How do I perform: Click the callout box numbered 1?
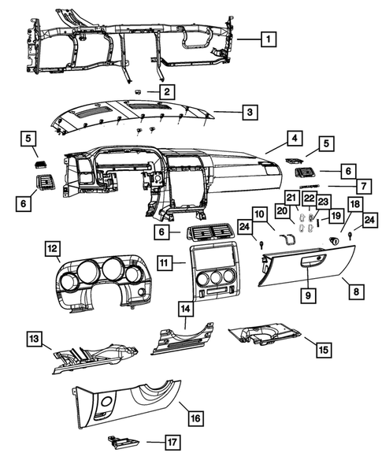[269, 39]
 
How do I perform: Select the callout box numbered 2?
[167, 91]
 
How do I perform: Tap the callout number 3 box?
[250, 112]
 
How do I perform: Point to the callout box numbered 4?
[295, 138]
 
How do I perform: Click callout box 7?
[364, 187]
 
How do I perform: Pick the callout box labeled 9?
[308, 295]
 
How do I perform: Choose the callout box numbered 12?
[52, 249]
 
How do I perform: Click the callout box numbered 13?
[35, 339]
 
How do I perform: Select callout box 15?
[324, 350]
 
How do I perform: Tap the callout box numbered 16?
[196, 418]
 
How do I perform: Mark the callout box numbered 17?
[172, 443]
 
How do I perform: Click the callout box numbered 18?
[355, 204]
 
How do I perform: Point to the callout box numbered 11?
[165, 262]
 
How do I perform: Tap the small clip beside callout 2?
[138, 91]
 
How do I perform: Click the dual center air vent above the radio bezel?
[210, 231]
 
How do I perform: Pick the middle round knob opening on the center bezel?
[215, 277]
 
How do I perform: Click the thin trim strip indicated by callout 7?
[310, 186]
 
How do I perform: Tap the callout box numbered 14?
[186, 309]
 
